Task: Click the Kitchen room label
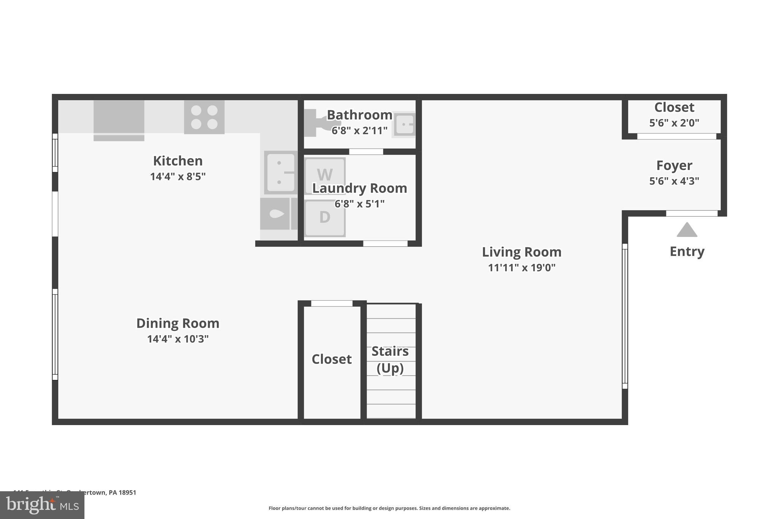click(x=178, y=161)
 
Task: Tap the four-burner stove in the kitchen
click(x=204, y=117)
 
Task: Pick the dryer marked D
click(x=325, y=218)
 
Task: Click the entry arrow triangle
click(x=687, y=230)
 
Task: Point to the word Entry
click(x=687, y=251)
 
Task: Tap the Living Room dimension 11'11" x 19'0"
click(x=521, y=268)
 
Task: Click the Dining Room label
click(x=178, y=323)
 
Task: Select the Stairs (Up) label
click(x=390, y=359)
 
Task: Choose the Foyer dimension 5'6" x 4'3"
click(x=674, y=181)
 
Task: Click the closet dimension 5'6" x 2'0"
click(x=674, y=123)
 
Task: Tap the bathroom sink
click(x=404, y=124)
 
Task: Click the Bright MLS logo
click(x=42, y=505)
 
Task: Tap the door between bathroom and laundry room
click(x=366, y=152)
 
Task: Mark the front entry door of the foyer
click(x=692, y=214)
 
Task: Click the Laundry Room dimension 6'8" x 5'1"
click(x=359, y=204)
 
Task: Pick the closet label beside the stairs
click(x=331, y=359)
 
